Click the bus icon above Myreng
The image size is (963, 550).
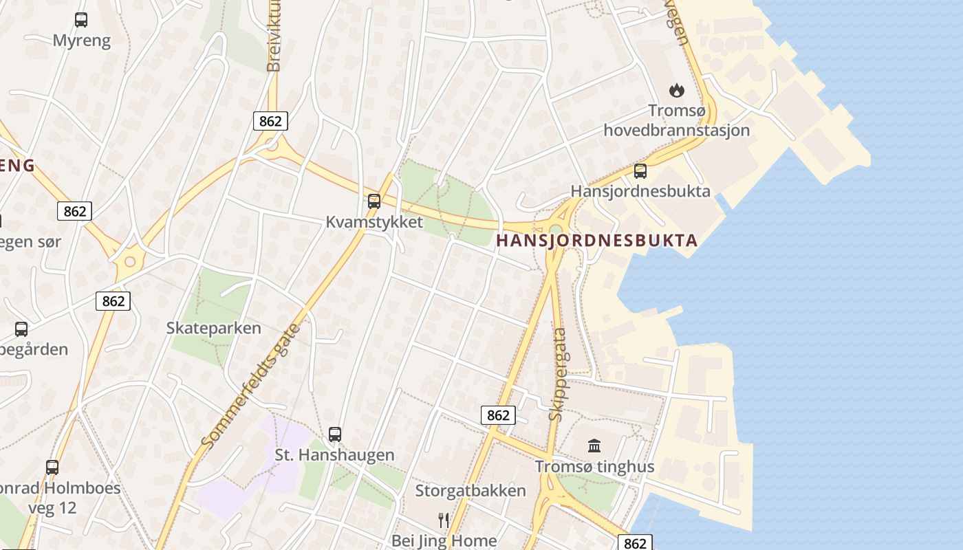tap(81, 20)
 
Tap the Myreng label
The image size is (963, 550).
tap(82, 41)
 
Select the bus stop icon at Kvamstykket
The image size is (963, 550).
tap(374, 201)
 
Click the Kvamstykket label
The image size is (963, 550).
tap(374, 222)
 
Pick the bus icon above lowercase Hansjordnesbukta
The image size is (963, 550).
tap(640, 171)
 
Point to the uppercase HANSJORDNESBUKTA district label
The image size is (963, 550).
tap(596, 241)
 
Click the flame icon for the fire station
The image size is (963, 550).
tap(677, 90)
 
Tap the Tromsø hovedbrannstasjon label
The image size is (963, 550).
tap(677, 120)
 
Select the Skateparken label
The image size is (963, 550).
tap(214, 328)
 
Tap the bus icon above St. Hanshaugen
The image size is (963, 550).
tap(335, 434)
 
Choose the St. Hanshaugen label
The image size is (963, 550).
tap(335, 455)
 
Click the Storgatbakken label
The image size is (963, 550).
tap(470, 491)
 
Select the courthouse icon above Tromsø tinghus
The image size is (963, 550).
tap(594, 446)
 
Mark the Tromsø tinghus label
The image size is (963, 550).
tap(595, 467)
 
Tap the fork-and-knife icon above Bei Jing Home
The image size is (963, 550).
tap(444, 520)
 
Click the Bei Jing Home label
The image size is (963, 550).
tap(444, 540)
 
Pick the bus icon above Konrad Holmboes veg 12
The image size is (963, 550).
tap(52, 467)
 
